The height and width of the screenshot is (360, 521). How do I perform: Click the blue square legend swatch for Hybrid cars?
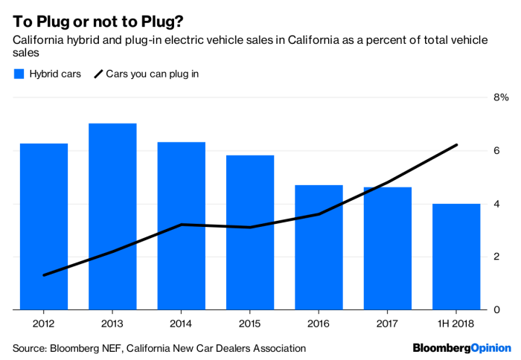[19, 74]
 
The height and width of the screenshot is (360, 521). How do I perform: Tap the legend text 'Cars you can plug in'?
[152, 74]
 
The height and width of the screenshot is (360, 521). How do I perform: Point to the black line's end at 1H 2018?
[456, 145]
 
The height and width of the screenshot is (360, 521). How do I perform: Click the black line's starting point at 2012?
[44, 275]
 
